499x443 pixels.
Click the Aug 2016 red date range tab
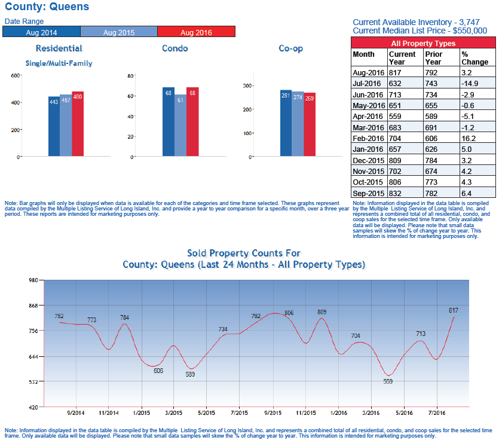196,31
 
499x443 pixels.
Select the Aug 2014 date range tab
41,31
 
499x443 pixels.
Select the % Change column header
474,58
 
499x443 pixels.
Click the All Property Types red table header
423,43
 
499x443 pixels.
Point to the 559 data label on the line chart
388,381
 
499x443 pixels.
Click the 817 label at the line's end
454,310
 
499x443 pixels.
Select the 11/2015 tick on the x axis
305,413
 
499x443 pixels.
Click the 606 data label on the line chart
158,371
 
